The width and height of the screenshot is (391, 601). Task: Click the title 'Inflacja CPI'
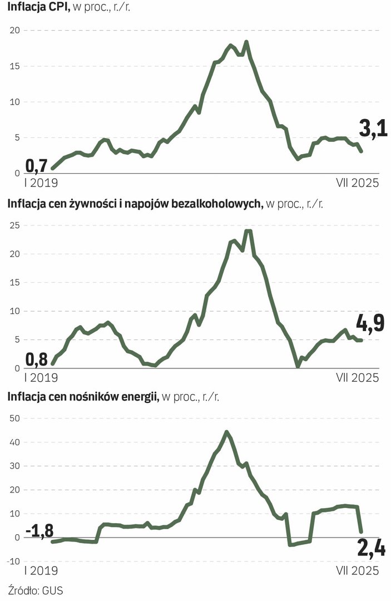tap(36, 7)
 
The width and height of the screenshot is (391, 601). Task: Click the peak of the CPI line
tap(246, 42)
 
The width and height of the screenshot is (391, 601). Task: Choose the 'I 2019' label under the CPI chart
tap(40, 183)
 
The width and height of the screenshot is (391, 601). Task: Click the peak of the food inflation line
tap(249, 231)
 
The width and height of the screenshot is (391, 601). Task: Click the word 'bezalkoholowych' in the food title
tap(221, 204)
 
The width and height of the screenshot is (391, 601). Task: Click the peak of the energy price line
tap(226, 431)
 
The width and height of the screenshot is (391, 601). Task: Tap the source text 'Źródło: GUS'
tap(36, 590)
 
